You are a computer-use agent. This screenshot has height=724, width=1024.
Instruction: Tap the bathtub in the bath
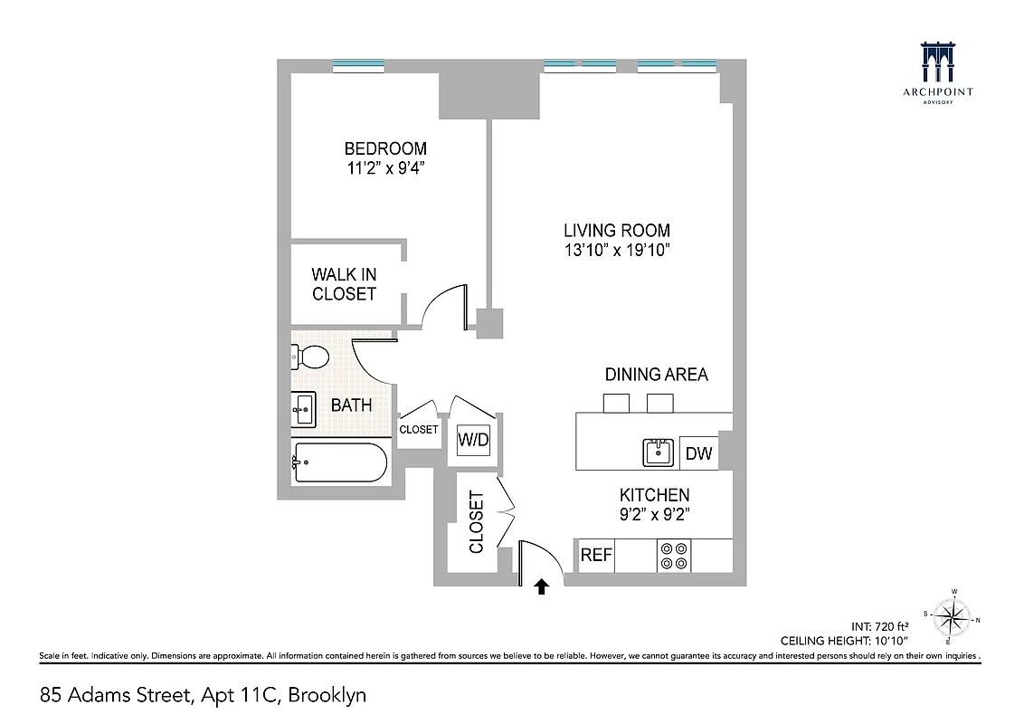[339, 462]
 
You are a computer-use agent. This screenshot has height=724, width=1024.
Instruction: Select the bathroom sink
[303, 409]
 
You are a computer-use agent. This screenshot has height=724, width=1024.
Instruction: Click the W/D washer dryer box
[472, 441]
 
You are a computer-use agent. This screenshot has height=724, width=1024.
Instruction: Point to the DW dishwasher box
[697, 453]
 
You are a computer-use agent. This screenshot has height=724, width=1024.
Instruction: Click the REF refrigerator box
[595, 555]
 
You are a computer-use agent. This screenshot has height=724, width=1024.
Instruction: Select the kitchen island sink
[658, 452]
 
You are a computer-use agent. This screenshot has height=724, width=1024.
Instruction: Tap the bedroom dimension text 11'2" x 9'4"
[384, 167]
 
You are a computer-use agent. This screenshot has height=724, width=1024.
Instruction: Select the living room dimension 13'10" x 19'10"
[616, 250]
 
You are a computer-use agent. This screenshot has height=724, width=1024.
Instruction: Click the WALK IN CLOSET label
[344, 284]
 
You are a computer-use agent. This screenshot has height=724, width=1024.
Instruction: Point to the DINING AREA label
[656, 374]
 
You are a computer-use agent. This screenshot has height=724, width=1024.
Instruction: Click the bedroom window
[358, 65]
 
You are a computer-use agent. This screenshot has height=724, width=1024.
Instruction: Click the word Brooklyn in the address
[329, 695]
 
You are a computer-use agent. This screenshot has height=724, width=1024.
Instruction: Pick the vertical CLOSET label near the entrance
[476, 522]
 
